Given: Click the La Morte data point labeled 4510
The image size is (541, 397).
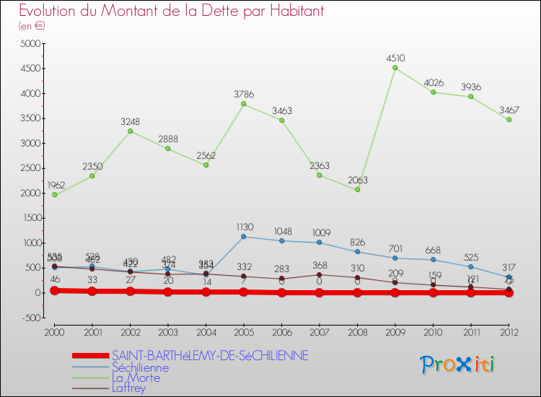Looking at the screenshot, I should tap(395, 68).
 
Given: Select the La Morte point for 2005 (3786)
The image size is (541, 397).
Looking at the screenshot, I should tap(243, 104).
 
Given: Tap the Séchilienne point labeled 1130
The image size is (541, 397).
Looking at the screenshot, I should tap(243, 237).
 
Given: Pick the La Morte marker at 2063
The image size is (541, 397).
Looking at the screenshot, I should tap(357, 190).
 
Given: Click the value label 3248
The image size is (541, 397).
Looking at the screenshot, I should tap(131, 121).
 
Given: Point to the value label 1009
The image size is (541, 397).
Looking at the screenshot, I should tap(320, 232).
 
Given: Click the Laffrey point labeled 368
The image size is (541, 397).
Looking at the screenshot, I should tap(319, 274).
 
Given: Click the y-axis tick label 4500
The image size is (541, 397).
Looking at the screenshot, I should tap(30, 69).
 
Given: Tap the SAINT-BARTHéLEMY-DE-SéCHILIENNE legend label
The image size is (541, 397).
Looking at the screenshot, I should tap(210, 356).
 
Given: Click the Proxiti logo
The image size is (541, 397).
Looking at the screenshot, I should tap(457, 365).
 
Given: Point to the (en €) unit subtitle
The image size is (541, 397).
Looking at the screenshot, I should tap(32, 25).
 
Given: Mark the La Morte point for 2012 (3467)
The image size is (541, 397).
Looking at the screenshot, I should tap(509, 120).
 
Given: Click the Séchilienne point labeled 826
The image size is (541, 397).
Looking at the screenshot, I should tap(357, 252).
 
